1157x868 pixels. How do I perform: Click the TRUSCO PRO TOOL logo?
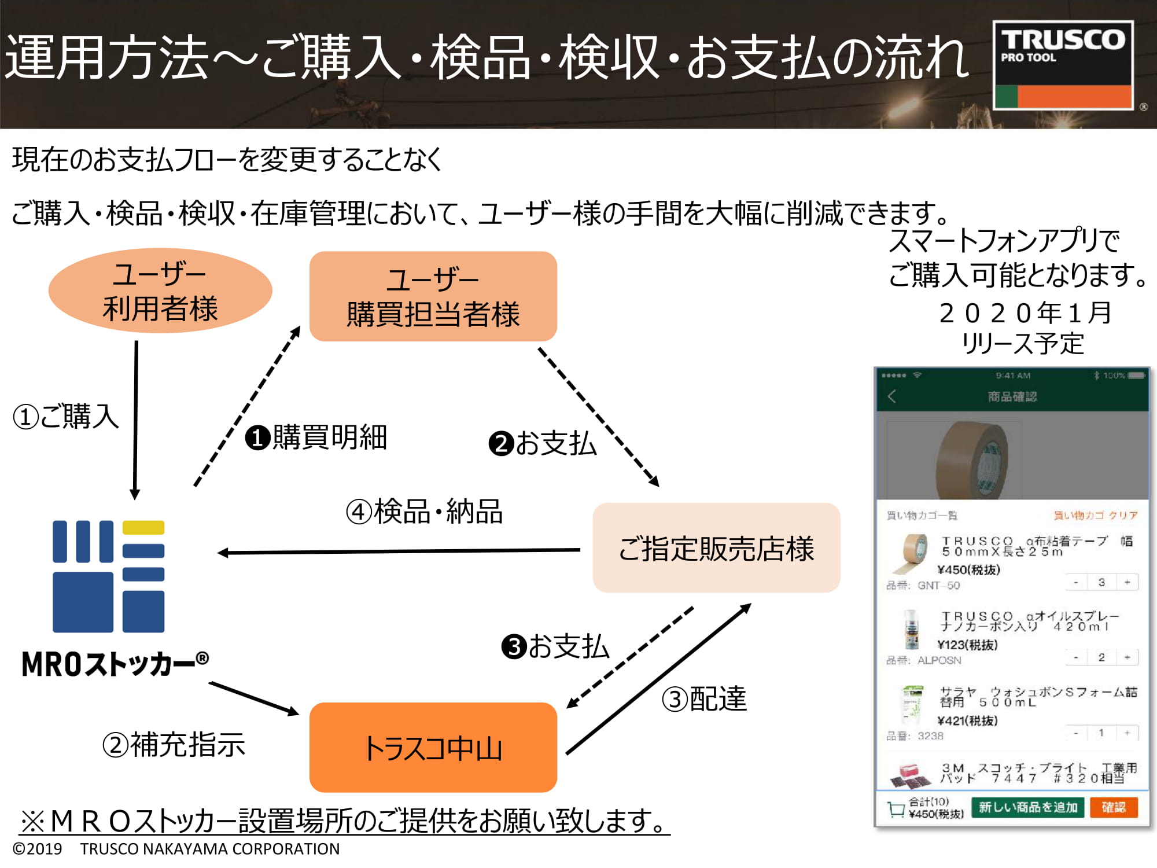(1063, 65)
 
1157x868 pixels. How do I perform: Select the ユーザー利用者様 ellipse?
(160, 290)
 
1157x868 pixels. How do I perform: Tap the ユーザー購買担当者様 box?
(433, 296)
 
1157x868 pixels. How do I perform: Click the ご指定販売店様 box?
(716, 547)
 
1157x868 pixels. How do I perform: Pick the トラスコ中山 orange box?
(433, 747)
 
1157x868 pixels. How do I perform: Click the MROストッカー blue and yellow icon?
(109, 576)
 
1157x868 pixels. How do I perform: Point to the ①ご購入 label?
(66, 417)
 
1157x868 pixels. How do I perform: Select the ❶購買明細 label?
(316, 437)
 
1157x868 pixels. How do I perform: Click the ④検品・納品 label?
(424, 512)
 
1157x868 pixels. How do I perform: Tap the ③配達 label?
(704, 699)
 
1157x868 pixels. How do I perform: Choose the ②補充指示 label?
(174, 745)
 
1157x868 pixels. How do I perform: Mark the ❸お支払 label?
(555, 646)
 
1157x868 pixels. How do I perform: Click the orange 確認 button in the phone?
(1113, 807)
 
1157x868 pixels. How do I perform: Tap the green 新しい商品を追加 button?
(1028, 807)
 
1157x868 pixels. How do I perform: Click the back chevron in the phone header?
(891, 396)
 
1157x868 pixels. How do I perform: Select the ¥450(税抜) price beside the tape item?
(968, 570)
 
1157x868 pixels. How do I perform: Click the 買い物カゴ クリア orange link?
(1095, 515)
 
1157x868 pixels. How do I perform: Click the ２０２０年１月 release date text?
(1025, 313)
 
